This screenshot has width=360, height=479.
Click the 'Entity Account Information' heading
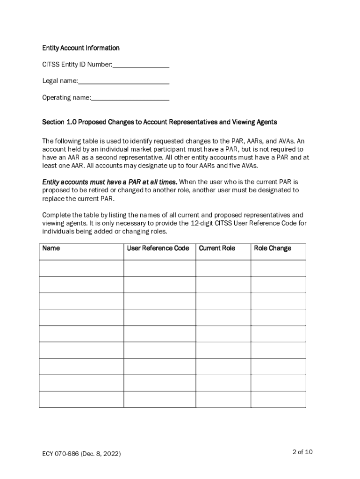coord(81,48)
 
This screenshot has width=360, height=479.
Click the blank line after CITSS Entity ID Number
coord(141,65)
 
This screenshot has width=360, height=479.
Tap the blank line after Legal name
coord(123,82)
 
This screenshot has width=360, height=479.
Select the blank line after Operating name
coord(130,99)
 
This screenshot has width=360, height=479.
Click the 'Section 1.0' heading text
coord(59,122)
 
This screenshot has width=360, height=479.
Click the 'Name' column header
coord(51,248)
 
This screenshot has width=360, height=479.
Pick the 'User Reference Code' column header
coord(158,248)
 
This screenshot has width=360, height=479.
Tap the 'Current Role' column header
coord(217,248)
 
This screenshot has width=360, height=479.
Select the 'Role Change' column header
coord(272,248)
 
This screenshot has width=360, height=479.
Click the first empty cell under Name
coord(81,268)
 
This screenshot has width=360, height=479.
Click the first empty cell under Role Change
coord(278,268)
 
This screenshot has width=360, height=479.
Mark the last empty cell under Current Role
coord(223,399)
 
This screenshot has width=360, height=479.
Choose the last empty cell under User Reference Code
coord(159,399)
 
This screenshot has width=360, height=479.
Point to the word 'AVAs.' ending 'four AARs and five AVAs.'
coord(248,166)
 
